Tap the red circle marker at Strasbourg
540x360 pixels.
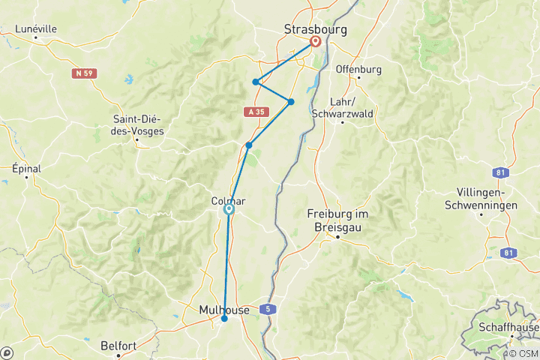tap(315, 42)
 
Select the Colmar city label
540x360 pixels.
tap(228, 201)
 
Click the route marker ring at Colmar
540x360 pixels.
tap(229, 210)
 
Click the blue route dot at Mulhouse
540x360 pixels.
tap(224, 319)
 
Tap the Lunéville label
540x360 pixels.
tap(36, 29)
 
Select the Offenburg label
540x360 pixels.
tap(358, 69)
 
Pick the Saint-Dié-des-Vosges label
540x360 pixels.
tap(139, 124)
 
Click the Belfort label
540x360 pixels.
tap(119, 346)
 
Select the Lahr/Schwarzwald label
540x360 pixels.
tap(352, 107)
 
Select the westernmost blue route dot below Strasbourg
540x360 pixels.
tap(256, 82)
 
